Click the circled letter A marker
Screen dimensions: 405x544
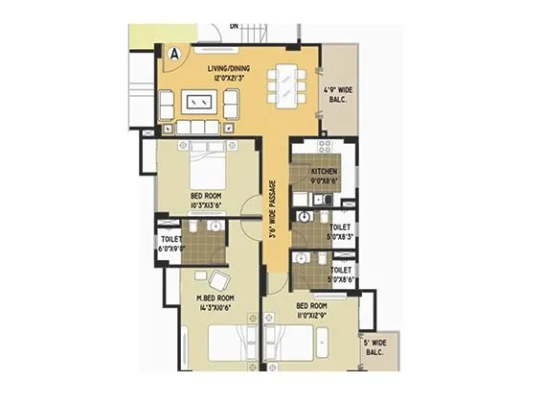click(x=174, y=55)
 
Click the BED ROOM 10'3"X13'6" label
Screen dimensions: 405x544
click(x=207, y=199)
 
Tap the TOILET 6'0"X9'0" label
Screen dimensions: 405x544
click(x=171, y=242)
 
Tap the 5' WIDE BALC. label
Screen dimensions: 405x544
click(x=374, y=347)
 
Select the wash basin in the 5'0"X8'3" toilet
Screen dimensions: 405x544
click(x=305, y=216)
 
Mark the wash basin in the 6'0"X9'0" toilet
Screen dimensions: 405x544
click(x=215, y=226)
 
